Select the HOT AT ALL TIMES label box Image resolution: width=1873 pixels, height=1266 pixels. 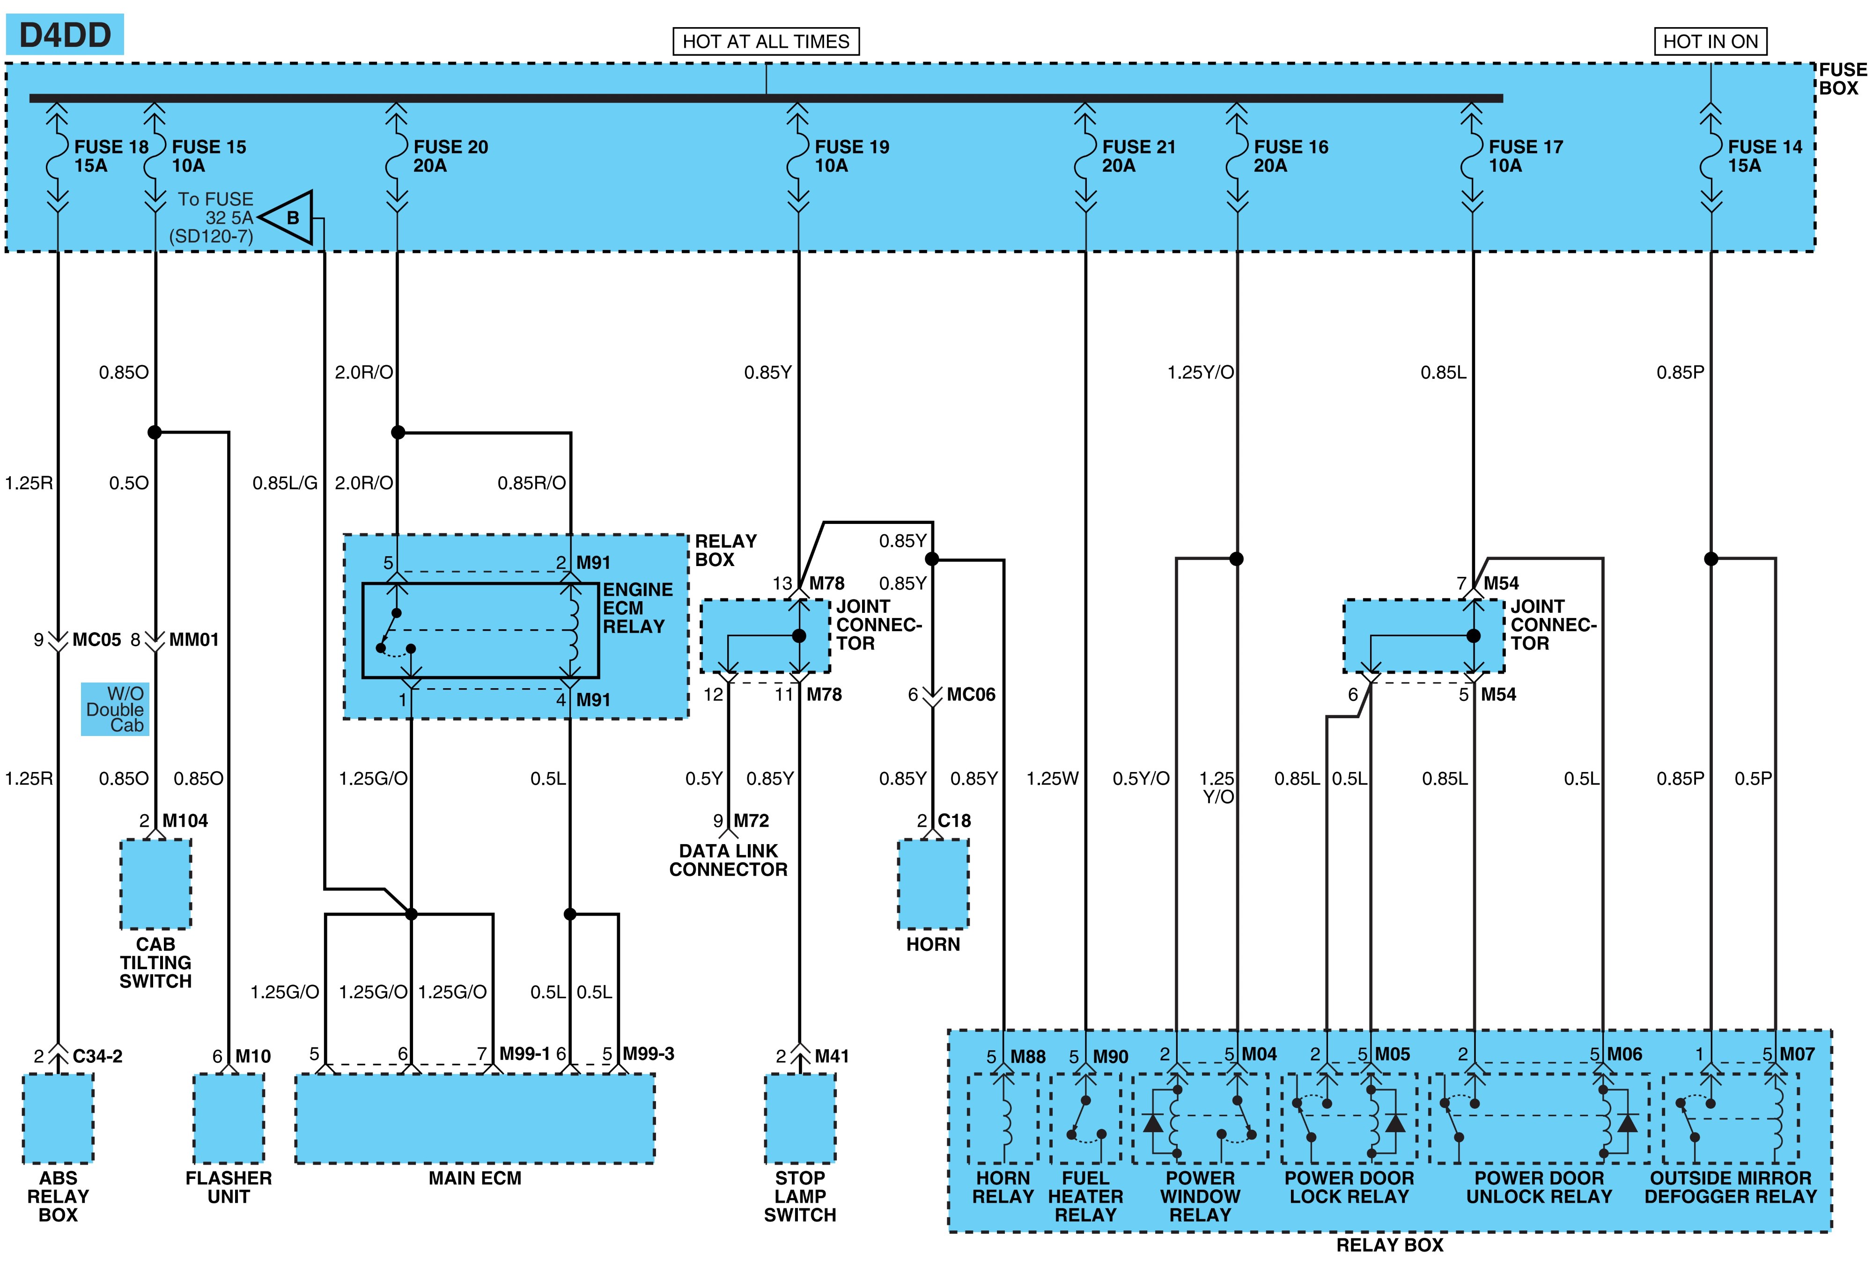pos(766,41)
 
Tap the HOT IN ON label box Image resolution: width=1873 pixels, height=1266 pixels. pos(1710,41)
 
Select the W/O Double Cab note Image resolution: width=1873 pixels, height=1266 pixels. pos(115,709)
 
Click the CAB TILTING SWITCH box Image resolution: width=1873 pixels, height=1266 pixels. pos(155,884)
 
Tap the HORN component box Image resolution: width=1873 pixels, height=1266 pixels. pos(933,884)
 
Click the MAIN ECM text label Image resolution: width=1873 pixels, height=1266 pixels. pos(475,1178)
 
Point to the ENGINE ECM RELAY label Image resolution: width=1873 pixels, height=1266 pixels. pos(637,609)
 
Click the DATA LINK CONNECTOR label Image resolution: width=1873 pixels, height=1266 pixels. pos(729,860)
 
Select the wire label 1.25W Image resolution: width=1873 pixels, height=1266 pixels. pos(1052,779)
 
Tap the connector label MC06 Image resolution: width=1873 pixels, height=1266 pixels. pos(971,695)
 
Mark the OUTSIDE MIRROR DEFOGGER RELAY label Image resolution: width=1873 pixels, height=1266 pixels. pos(1730,1187)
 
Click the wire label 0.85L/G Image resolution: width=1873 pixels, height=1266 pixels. pos(285,483)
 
